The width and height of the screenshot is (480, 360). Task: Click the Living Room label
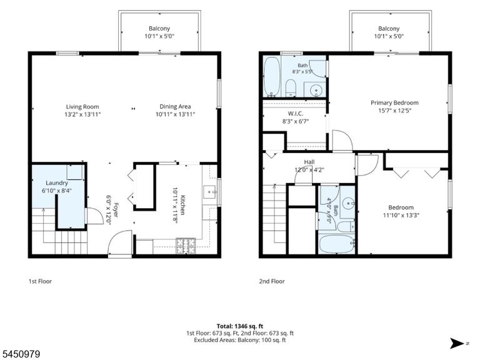pyautogui.click(x=82, y=107)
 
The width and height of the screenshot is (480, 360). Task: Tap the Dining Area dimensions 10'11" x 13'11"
pyautogui.click(x=175, y=114)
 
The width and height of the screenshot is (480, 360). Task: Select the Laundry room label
pyautogui.click(x=57, y=183)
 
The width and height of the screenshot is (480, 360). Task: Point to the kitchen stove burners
pyautogui.click(x=186, y=246)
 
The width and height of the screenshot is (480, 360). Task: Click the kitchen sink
pyautogui.click(x=210, y=192)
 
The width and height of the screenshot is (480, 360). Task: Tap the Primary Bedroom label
pyautogui.click(x=394, y=103)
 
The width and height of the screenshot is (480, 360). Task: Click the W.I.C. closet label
pyautogui.click(x=296, y=114)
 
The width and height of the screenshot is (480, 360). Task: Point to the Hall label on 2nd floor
pyautogui.click(x=309, y=162)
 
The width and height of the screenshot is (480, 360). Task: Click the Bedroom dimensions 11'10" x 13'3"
pyautogui.click(x=401, y=215)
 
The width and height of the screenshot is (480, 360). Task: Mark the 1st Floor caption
pyautogui.click(x=40, y=281)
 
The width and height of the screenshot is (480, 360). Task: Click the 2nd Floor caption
pyautogui.click(x=272, y=281)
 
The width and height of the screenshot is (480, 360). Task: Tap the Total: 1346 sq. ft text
pyautogui.click(x=240, y=326)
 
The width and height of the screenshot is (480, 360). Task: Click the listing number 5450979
pyautogui.click(x=20, y=354)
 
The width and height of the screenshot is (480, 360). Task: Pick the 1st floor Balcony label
pyautogui.click(x=159, y=29)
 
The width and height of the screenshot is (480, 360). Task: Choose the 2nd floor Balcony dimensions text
pyautogui.click(x=389, y=36)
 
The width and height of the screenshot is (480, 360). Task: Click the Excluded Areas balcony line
pyautogui.click(x=240, y=340)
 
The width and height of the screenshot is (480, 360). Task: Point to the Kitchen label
pyautogui.click(x=182, y=205)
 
